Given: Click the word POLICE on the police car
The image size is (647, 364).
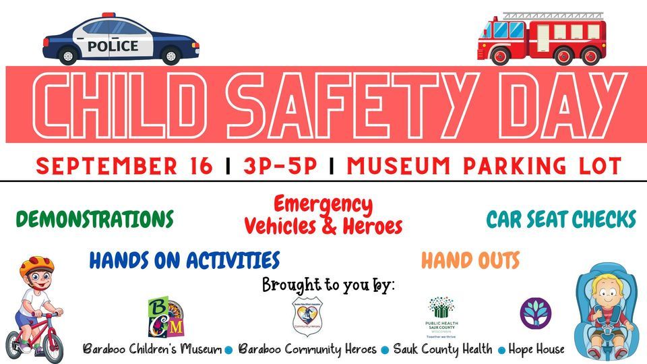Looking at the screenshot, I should pos(113,47).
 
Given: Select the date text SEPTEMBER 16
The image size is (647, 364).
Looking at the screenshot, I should pos(125,165).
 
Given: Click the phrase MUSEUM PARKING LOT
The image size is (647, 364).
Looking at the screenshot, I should pos(483,165).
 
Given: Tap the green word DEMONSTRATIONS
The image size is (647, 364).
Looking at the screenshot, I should pos(94,219).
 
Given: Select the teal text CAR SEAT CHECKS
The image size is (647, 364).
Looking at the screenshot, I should pos(561,220).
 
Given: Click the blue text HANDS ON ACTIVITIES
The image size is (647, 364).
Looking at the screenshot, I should pos(184,260).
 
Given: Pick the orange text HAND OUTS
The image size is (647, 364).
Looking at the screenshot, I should pos(470,260).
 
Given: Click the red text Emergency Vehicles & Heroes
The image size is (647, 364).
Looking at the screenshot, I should pos(323,215).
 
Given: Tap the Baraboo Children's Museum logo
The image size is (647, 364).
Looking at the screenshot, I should pos(166,317).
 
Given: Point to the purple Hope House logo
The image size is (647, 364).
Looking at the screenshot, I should pos(535,313).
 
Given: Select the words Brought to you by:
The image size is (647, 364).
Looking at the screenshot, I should pos(328,284).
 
